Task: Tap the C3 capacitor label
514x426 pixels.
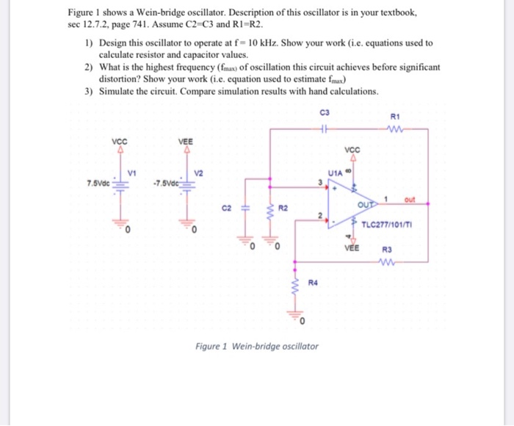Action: click(x=325, y=112)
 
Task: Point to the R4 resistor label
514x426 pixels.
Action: click(x=311, y=282)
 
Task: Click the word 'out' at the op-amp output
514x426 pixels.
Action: click(x=408, y=198)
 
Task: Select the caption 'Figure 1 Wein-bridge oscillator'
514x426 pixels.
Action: click(x=256, y=345)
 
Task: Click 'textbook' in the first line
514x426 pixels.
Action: click(x=394, y=12)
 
